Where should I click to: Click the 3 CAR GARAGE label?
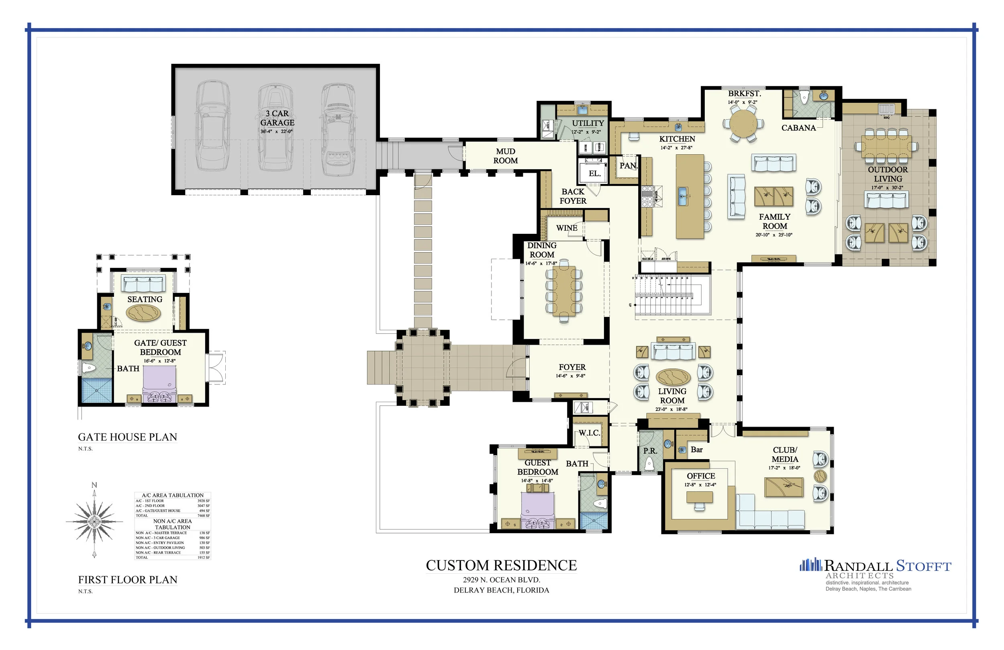click(277, 118)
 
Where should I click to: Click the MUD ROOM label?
click(505, 156)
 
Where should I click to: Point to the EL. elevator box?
click(594, 173)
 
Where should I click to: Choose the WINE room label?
click(567, 228)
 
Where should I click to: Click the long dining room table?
click(564, 291)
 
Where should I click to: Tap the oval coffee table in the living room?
click(673, 377)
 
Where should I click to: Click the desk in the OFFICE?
click(700, 497)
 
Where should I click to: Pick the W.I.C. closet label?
click(589, 433)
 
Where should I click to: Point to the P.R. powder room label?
click(650, 451)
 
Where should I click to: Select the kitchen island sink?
click(683, 196)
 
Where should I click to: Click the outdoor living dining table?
click(886, 145)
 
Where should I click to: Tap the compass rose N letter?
click(94, 485)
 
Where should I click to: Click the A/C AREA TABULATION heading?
click(173, 495)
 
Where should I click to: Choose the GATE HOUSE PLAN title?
click(127, 437)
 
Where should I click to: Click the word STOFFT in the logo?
click(923, 566)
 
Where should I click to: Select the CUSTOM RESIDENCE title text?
click(501, 565)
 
